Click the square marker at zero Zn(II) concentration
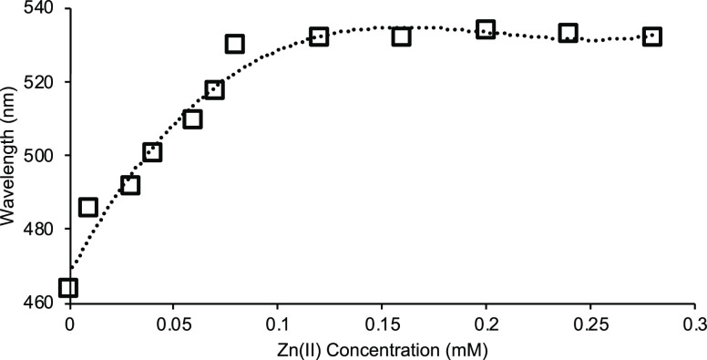pyautogui.click(x=68, y=288)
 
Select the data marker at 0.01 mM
pyautogui.click(x=88, y=208)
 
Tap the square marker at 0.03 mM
pyautogui.click(x=130, y=185)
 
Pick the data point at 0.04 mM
pyautogui.click(x=152, y=152)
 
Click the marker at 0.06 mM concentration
pyautogui.click(x=192, y=119)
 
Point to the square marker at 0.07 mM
pyautogui.click(x=214, y=89)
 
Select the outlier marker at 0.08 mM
pyautogui.click(x=235, y=44)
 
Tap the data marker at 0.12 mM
pyautogui.click(x=318, y=37)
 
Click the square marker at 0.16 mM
pyautogui.click(x=402, y=37)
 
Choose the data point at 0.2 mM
pyautogui.click(x=486, y=30)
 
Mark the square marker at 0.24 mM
pyautogui.click(x=569, y=34)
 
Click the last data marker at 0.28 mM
pyautogui.click(x=652, y=37)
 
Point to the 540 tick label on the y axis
pyautogui.click(x=37, y=9)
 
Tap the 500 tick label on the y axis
pyautogui.click(x=37, y=155)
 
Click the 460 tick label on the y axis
pyautogui.click(x=37, y=301)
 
